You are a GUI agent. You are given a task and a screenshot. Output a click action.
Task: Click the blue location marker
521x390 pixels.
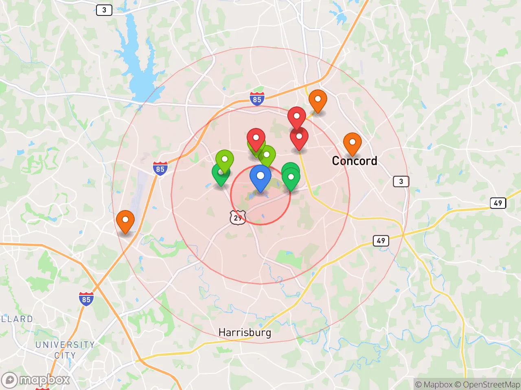[x=260, y=177]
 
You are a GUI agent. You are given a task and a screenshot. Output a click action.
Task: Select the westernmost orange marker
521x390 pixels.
[x=125, y=221]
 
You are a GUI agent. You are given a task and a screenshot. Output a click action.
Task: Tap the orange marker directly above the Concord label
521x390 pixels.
[x=352, y=143]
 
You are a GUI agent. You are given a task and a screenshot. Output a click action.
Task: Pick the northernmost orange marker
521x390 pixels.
[x=317, y=100]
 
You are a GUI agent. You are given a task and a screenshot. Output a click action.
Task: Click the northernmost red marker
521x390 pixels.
[x=297, y=117]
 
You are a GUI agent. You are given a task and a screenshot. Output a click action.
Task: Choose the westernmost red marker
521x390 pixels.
[x=256, y=139]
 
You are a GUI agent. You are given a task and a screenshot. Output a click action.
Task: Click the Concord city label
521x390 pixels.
[x=355, y=161]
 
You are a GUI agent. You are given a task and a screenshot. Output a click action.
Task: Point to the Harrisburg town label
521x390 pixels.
[x=245, y=332]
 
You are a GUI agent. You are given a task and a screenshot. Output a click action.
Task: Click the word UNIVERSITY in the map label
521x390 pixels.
[x=65, y=345]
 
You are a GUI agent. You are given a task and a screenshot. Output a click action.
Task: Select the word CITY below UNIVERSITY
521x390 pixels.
[x=65, y=355]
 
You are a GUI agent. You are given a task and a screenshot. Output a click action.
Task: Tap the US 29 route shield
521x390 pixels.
[x=238, y=218]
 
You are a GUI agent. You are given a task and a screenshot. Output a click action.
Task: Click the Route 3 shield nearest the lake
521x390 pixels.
[x=104, y=10]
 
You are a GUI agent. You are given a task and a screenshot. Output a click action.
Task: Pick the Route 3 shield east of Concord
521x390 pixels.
[x=401, y=181]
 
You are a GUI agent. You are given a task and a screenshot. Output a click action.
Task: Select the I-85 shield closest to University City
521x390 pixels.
[x=86, y=299]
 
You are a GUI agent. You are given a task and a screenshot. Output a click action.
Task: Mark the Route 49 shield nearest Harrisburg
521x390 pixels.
[x=381, y=240]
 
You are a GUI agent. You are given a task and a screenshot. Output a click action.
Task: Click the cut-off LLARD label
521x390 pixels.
[x=16, y=319]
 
